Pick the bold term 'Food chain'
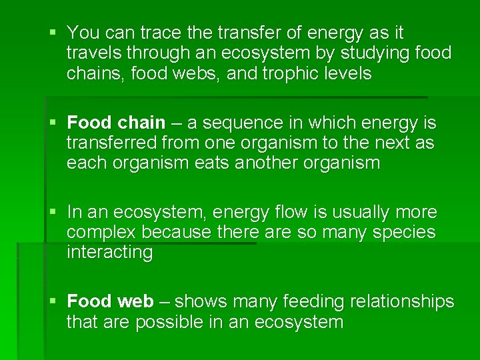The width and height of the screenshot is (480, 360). click(x=116, y=123)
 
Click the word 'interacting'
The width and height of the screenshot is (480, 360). click(x=109, y=253)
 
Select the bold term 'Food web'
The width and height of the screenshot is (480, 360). click(x=110, y=302)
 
